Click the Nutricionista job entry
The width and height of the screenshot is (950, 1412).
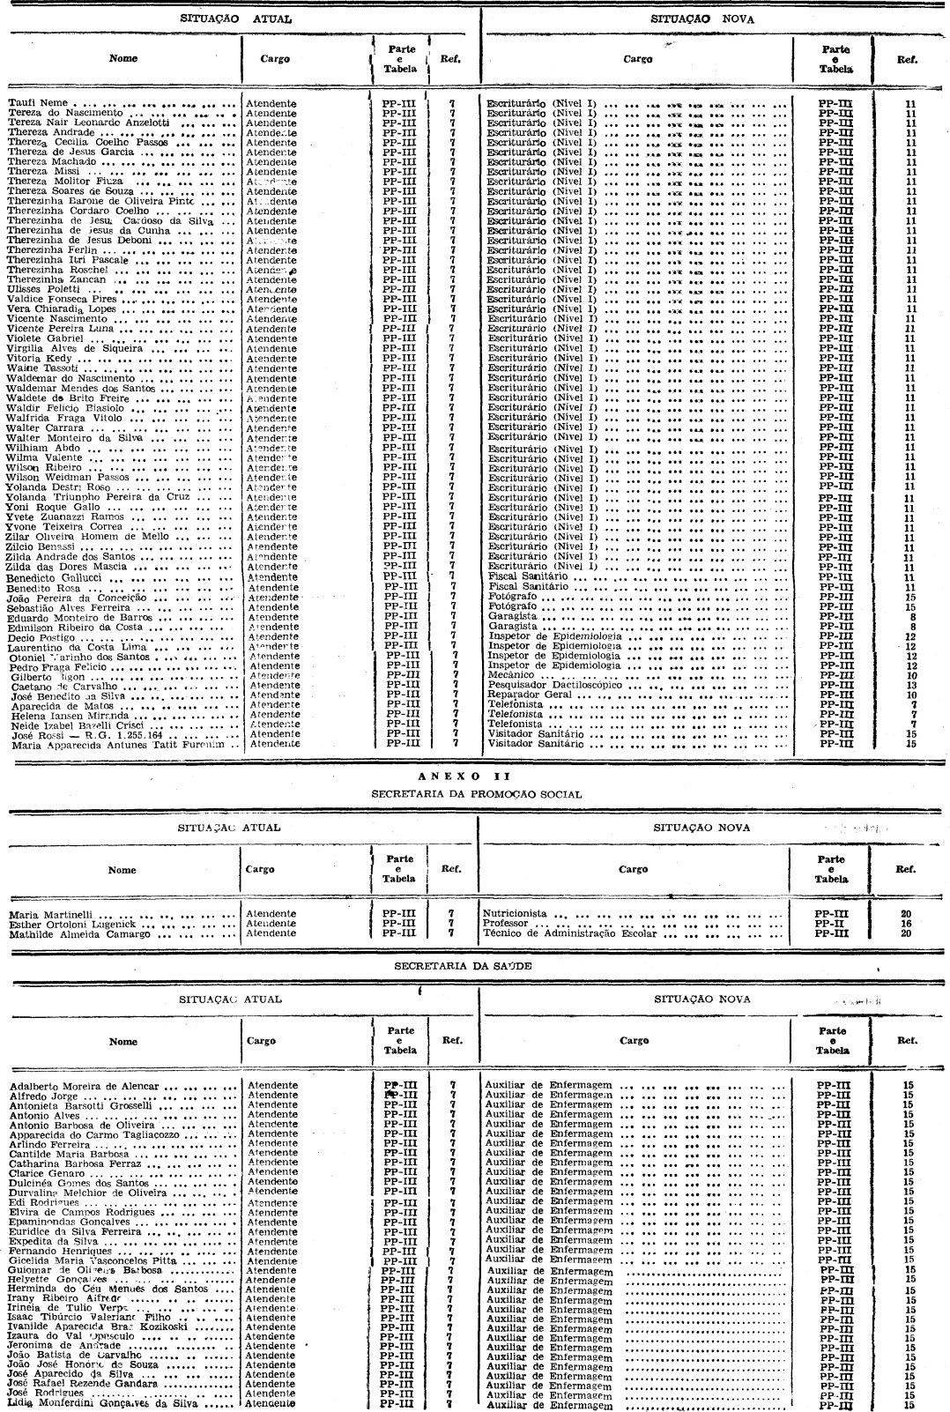click(x=516, y=913)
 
